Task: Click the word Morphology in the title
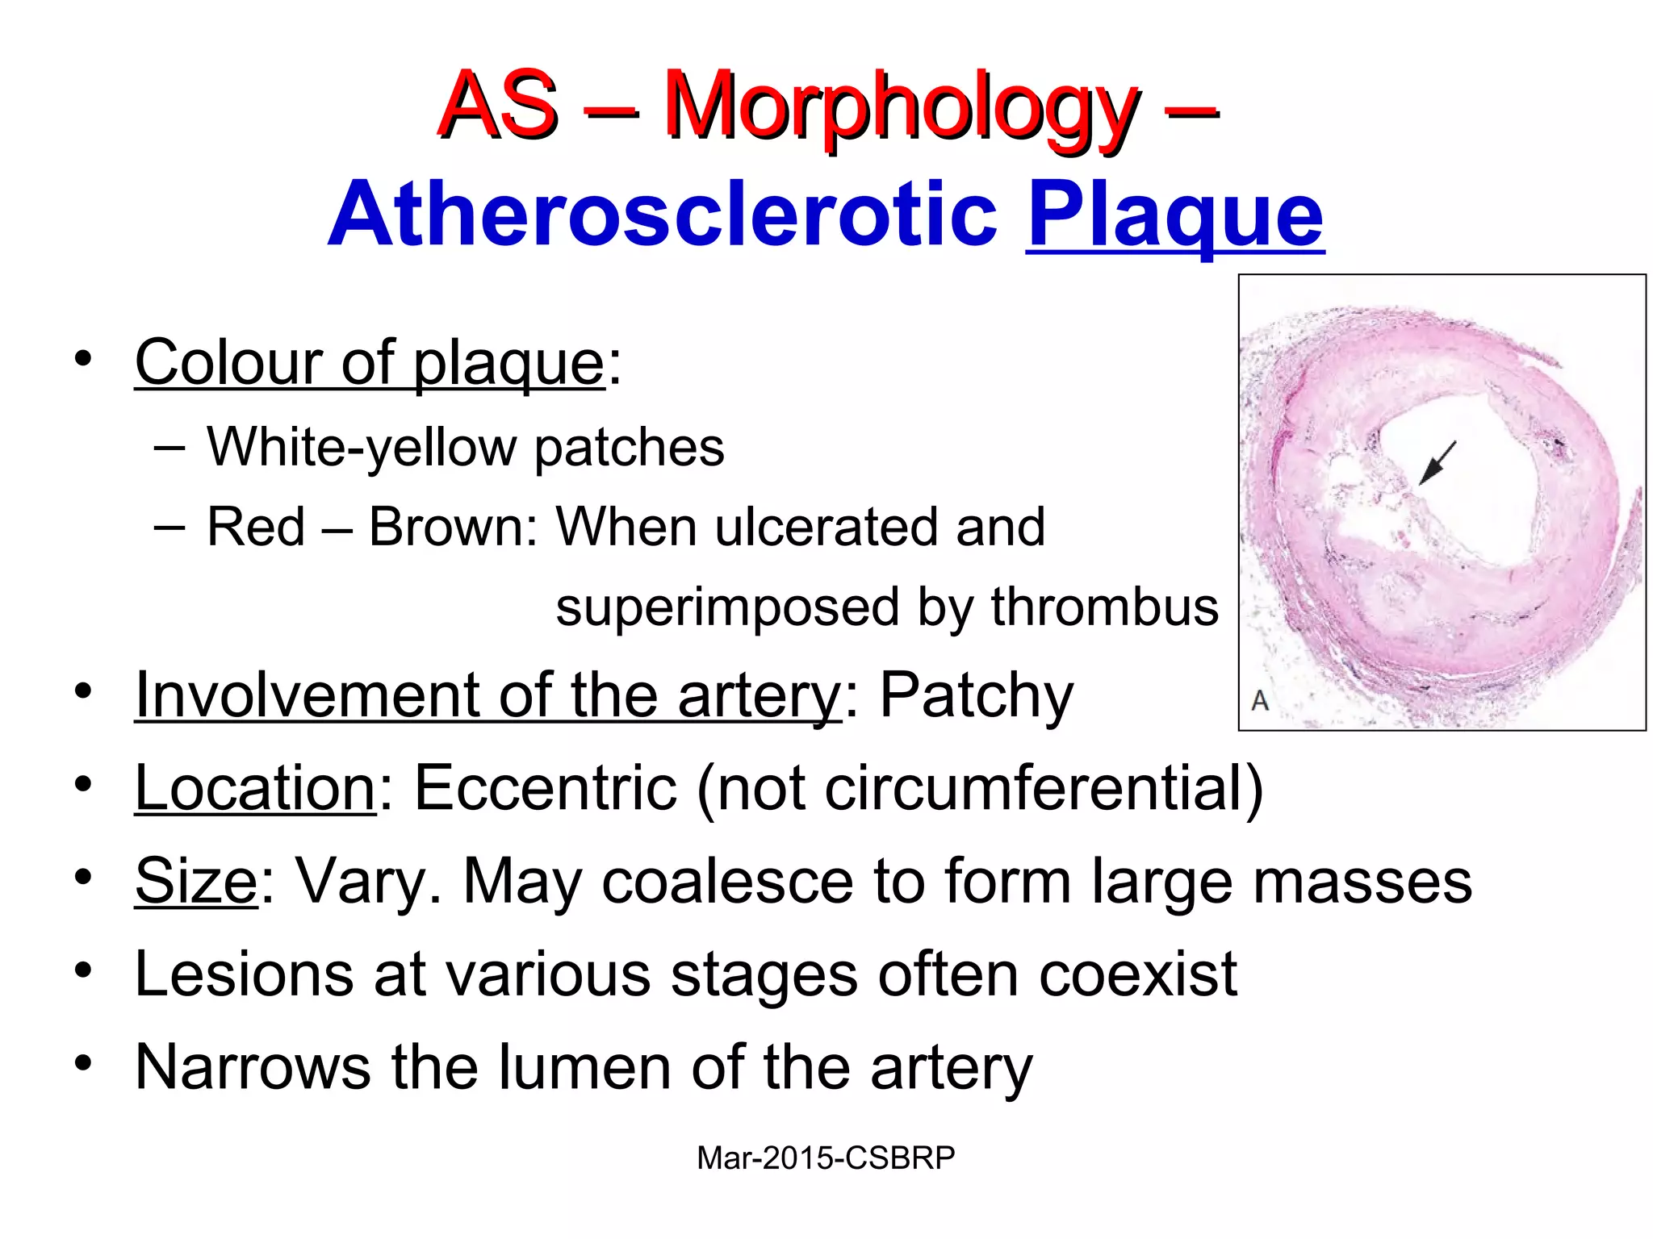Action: [900, 109]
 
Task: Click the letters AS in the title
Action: [497, 106]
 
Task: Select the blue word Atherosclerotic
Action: [663, 214]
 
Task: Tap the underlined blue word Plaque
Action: [1174, 214]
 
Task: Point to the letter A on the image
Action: [1260, 700]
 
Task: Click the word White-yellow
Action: [361, 447]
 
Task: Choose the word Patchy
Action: [976, 695]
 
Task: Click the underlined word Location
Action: [255, 787]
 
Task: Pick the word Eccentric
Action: [545, 787]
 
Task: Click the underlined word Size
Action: [196, 880]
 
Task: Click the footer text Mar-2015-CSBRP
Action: [826, 1158]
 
